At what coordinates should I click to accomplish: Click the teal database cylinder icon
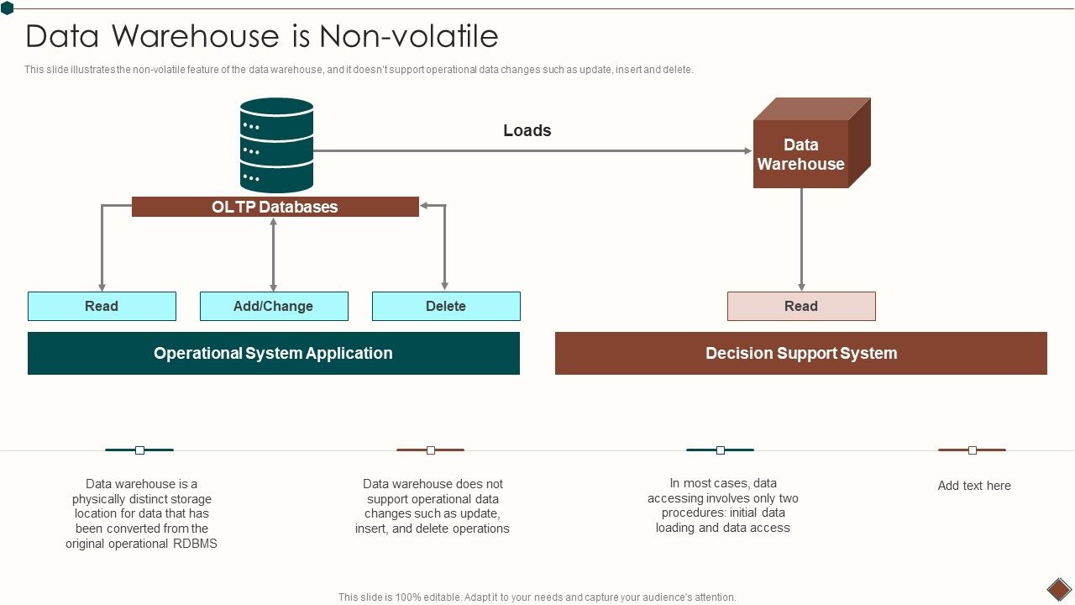pos(276,145)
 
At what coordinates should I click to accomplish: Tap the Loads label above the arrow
pos(527,130)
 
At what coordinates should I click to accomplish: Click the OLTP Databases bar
pos(275,207)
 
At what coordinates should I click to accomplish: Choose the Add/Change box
pos(273,306)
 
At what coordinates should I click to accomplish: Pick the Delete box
pos(445,306)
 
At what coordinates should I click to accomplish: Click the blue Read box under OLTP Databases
pos(102,306)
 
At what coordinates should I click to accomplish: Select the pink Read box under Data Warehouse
pos(800,306)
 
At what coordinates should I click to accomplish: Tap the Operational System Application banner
pos(273,353)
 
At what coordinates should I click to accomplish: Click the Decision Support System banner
pos(800,353)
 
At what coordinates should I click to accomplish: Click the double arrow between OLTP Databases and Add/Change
pos(273,254)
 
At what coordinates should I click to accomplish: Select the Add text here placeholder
pos(973,486)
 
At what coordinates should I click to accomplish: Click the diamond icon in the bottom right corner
pos(1058,588)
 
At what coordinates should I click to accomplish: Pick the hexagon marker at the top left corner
pos(7,8)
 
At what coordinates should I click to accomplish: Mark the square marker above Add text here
pos(972,450)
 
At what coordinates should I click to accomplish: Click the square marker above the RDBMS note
pos(139,450)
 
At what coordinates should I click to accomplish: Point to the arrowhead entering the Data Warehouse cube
pos(747,151)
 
